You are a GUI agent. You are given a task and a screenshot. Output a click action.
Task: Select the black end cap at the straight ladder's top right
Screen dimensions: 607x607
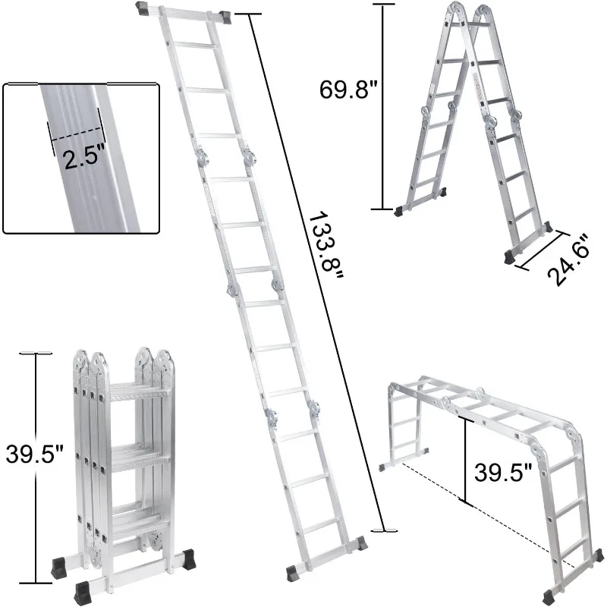pyautogui.click(x=226, y=15)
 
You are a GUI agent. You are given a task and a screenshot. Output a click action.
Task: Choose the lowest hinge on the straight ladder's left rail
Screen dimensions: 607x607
pyautogui.click(x=269, y=415)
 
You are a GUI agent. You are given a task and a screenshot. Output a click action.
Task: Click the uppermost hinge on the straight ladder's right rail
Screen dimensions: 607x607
pyautogui.click(x=247, y=156)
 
